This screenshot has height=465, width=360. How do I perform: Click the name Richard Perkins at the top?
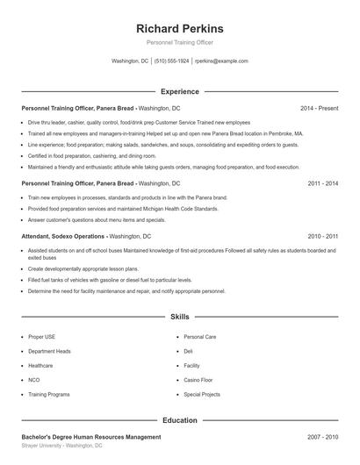pos(179,29)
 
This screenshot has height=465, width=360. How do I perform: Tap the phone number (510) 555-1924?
pos(172,61)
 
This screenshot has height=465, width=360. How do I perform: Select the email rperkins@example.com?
pos(221,61)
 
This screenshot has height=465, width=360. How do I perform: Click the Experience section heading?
pos(179,91)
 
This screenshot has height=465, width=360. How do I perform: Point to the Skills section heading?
pos(179,316)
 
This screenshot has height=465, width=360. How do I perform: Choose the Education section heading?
pos(179,420)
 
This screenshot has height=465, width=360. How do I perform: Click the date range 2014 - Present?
pos(319,108)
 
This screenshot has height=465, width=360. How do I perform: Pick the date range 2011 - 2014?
pos(322,183)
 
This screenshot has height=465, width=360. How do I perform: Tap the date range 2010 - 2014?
pos(322,236)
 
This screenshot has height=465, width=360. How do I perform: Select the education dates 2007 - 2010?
pos(322,436)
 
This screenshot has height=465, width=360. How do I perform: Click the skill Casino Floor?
pos(199,380)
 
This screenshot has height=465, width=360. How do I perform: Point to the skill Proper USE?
pos(42,336)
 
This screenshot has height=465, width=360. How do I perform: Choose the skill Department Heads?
pos(49,351)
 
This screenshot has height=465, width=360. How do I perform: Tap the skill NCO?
pos(34,380)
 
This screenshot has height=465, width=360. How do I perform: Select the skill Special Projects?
pos(202,395)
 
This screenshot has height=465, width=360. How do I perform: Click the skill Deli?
pos(188,351)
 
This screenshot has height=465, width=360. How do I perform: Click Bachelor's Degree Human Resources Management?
pos(91,436)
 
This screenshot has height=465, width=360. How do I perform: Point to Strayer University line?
pos(61,446)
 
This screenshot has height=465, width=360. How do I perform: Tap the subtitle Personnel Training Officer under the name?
pos(179,42)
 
